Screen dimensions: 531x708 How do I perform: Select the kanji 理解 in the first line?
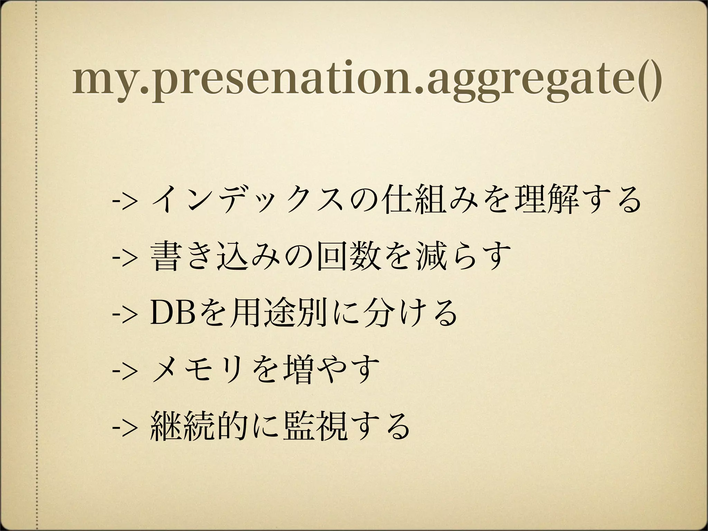pos(546,202)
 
